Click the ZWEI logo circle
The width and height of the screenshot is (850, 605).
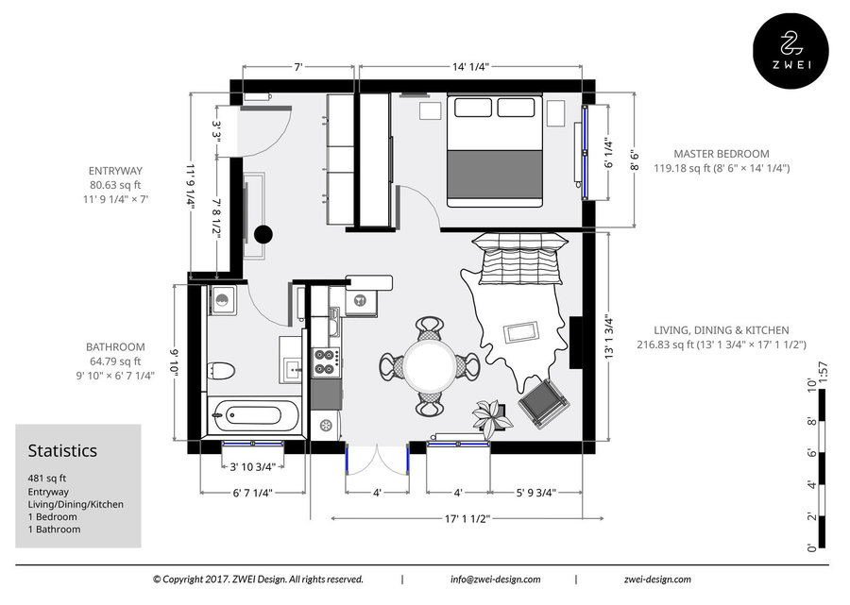click(x=790, y=50)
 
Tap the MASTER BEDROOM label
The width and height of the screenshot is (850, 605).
click(x=721, y=154)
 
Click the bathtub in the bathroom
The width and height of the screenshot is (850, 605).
click(x=254, y=415)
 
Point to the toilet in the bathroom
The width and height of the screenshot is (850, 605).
click(x=220, y=371)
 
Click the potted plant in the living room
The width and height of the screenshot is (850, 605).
click(x=491, y=417)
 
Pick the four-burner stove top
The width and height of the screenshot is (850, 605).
click(x=327, y=361)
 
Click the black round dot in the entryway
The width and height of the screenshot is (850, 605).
click(x=263, y=234)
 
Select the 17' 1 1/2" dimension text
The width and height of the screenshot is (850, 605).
click(x=467, y=519)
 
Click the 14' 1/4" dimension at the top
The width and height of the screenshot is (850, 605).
click(x=470, y=67)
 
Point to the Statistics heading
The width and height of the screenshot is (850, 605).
click(x=62, y=450)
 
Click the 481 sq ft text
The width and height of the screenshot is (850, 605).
click(x=47, y=479)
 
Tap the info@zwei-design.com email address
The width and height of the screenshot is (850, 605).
click(x=495, y=579)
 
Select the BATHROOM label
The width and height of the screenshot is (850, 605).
click(x=115, y=347)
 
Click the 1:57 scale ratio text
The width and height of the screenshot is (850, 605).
click(x=823, y=373)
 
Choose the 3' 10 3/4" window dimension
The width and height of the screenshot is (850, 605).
click(x=252, y=467)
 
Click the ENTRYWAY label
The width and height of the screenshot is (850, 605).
click(x=115, y=171)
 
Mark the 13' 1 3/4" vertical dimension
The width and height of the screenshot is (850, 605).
click(x=609, y=337)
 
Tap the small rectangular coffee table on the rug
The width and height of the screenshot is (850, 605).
click(x=521, y=332)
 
